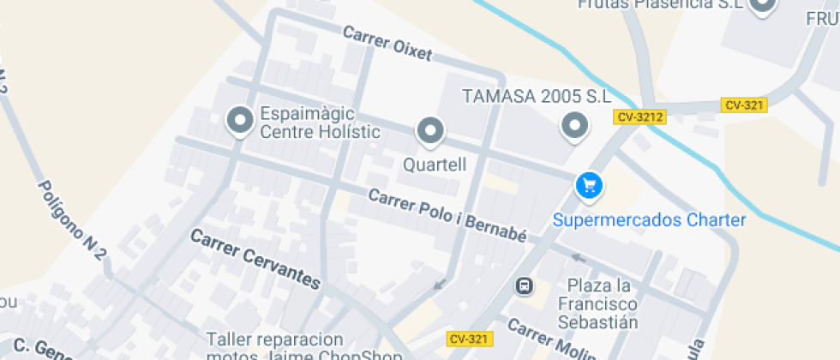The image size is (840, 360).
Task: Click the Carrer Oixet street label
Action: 387,44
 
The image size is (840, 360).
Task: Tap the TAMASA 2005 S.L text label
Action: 537,95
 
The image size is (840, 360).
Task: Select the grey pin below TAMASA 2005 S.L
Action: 574,127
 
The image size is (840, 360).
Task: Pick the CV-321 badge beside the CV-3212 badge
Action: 744,105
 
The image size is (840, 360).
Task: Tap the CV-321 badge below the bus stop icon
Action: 470,339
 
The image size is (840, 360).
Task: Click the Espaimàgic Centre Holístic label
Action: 320,123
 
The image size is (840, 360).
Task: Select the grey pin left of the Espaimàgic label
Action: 240,121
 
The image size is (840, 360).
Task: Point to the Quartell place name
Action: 435,165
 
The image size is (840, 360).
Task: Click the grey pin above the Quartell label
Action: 429,131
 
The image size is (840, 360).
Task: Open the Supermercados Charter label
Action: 649,220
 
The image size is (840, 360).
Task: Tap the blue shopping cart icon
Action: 588,184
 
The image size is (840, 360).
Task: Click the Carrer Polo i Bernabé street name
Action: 447,214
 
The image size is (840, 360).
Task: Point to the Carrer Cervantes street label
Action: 255,258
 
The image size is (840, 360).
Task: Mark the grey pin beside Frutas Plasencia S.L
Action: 762,6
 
